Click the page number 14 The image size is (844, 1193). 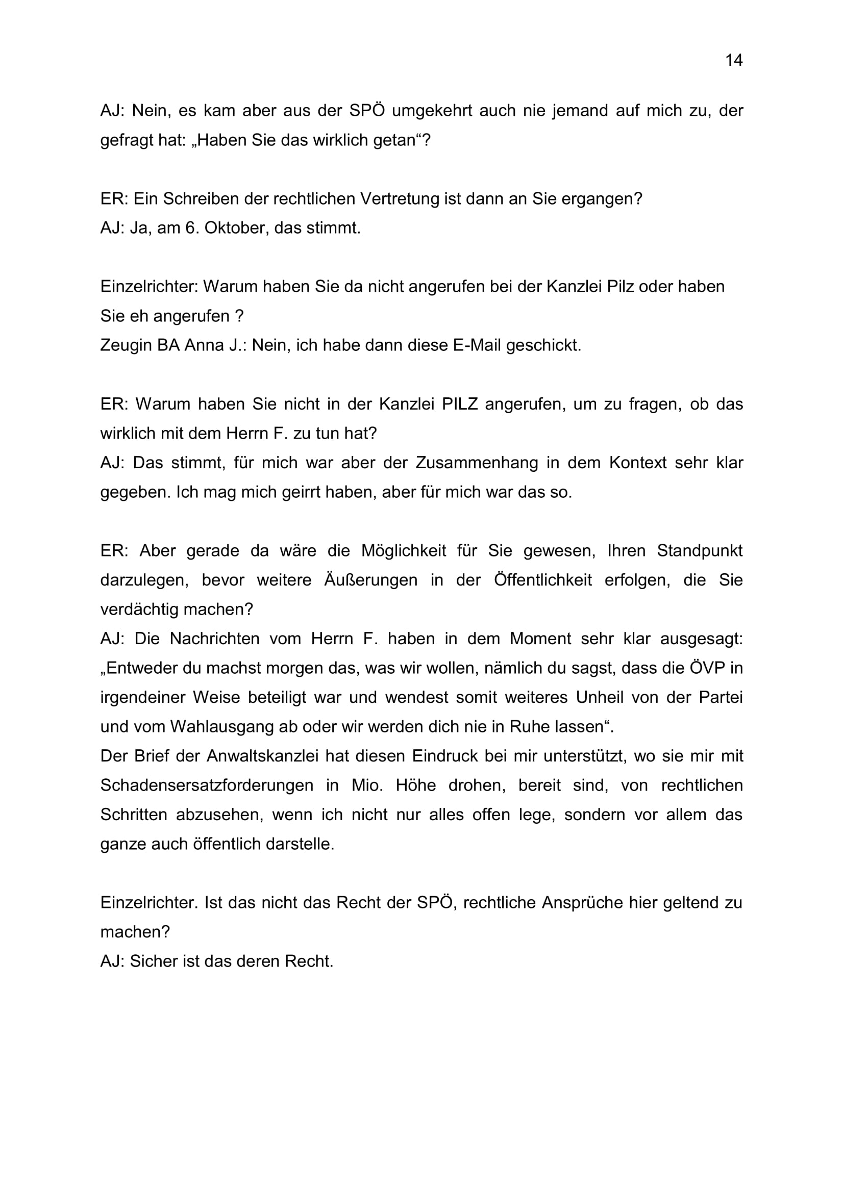(x=734, y=60)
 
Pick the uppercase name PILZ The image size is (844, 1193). (x=459, y=404)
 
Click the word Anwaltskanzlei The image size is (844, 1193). (x=262, y=755)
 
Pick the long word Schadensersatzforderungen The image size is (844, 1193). (x=207, y=785)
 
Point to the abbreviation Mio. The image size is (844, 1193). (x=367, y=785)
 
